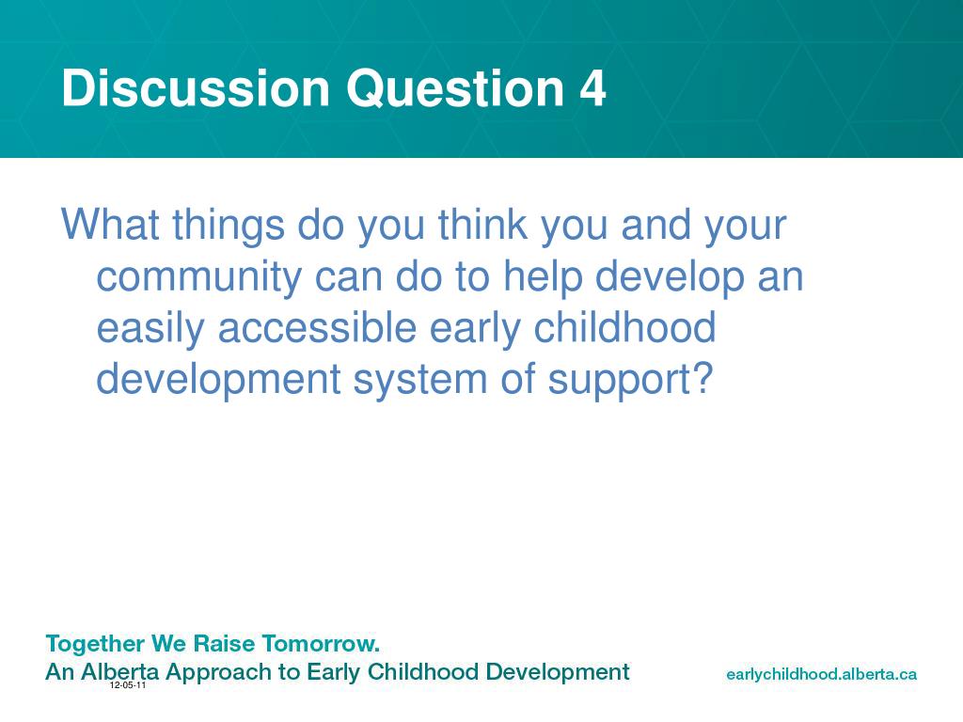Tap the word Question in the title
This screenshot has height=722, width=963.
pos(455,89)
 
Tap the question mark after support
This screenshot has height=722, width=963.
pos(703,378)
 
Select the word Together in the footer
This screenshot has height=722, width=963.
pos(95,645)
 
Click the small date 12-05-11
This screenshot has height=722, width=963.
pos(128,685)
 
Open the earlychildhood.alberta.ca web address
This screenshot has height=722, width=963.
pos(821,675)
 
